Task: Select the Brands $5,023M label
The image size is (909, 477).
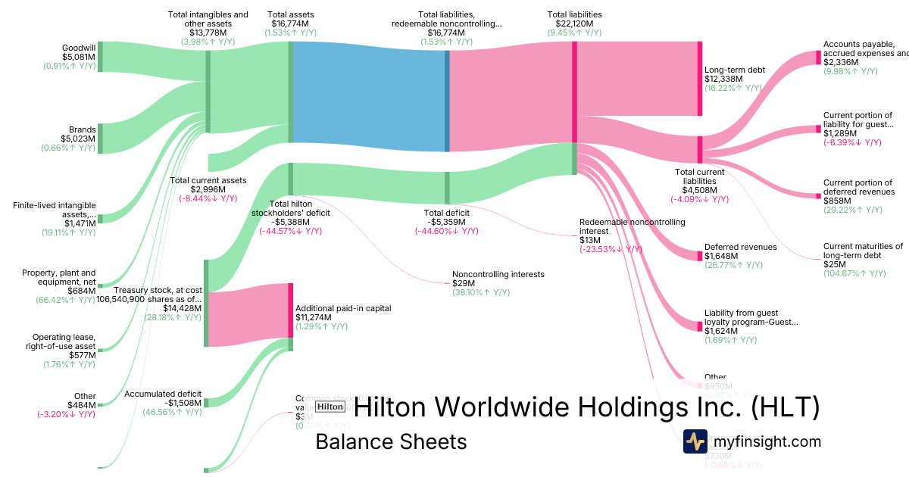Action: click(x=77, y=139)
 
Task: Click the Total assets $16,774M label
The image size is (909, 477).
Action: click(x=290, y=23)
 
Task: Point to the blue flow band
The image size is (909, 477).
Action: click(x=370, y=92)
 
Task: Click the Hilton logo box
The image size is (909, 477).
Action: click(x=330, y=407)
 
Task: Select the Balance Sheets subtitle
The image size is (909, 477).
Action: click(x=391, y=441)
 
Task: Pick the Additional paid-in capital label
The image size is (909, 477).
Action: click(x=343, y=308)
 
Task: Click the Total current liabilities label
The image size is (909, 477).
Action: click(x=699, y=181)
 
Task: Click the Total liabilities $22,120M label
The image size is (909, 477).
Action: click(x=574, y=23)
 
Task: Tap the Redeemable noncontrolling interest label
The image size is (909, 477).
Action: click(x=632, y=226)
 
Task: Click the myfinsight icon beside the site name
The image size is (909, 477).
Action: click(x=695, y=441)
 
